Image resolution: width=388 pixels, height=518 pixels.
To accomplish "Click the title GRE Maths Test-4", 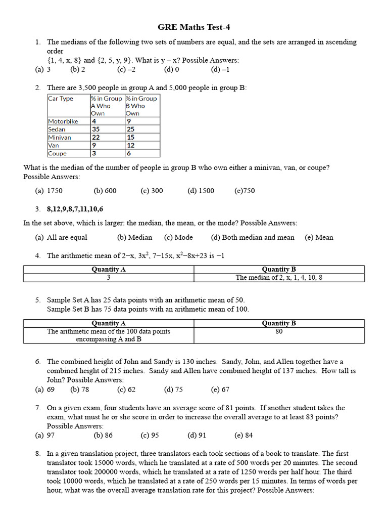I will (x=194, y=27).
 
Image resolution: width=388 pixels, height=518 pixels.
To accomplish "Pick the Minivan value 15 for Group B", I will (x=131, y=138).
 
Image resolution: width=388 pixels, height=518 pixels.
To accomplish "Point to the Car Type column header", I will (x=61, y=99).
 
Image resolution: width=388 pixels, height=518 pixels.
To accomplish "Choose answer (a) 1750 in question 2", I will (x=50, y=191).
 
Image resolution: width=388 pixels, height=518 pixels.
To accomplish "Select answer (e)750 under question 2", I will (x=245, y=191).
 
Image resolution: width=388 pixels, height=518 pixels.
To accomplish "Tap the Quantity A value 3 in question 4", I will (x=109, y=278).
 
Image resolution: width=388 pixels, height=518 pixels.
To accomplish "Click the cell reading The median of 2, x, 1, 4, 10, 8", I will (x=279, y=278).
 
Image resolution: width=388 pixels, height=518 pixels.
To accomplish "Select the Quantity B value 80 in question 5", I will (x=279, y=332).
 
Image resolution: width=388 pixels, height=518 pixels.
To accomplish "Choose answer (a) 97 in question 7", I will (x=45, y=435).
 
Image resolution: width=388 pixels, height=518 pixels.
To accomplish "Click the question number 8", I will (x=38, y=454).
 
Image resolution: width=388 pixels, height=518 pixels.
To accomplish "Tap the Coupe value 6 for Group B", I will (x=129, y=154).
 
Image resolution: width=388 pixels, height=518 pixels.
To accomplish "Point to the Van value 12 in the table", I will (x=131, y=146).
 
